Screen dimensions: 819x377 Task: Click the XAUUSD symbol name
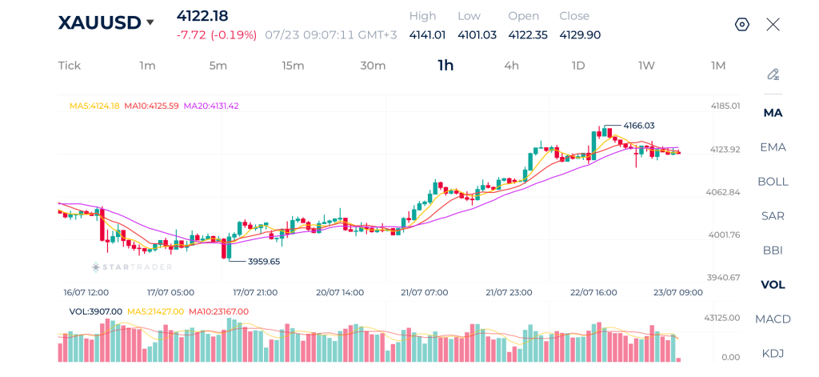pos(99,22)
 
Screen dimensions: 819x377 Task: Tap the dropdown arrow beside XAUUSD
pos(150,22)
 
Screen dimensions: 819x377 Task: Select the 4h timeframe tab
pos(511,66)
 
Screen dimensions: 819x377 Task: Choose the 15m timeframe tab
pos(293,66)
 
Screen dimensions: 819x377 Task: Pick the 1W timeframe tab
pos(646,66)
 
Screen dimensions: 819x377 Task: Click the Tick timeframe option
pos(70,66)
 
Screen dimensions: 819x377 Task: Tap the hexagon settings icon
pos(742,25)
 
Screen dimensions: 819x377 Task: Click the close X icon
pos(773,25)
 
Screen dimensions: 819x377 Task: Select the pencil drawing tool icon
pos(773,74)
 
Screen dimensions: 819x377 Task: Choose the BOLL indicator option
pos(773,182)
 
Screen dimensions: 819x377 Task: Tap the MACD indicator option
pos(773,319)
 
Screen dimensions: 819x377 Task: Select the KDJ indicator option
pos(773,354)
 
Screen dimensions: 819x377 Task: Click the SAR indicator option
pos(773,216)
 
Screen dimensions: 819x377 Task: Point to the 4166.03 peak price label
pos(639,126)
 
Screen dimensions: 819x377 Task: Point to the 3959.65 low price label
pos(264,262)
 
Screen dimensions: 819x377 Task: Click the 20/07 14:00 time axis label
pos(338,292)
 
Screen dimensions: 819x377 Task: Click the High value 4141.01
pos(427,35)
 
